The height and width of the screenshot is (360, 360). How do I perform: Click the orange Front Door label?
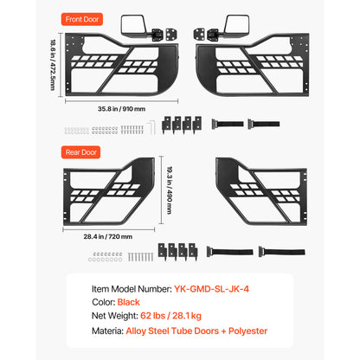click(82, 19)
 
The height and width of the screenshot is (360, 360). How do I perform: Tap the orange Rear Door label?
click(80, 152)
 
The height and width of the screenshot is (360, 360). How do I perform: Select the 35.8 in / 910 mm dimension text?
click(121, 109)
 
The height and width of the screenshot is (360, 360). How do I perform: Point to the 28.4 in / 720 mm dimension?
click(108, 236)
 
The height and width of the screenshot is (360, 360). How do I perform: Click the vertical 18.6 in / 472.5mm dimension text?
click(53, 65)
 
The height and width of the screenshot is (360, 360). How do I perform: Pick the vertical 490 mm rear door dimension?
click(170, 190)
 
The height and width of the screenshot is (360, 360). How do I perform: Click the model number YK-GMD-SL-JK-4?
click(211, 289)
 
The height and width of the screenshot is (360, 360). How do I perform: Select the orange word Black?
click(128, 302)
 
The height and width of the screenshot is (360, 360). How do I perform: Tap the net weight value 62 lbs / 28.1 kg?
click(170, 316)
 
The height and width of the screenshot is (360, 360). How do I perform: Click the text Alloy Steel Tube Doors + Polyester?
click(196, 331)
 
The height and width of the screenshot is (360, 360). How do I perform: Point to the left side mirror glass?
click(133, 24)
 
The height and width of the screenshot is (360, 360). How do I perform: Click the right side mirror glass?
click(236, 25)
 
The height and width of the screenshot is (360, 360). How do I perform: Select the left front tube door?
click(122, 65)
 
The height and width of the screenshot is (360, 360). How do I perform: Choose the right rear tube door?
click(261, 191)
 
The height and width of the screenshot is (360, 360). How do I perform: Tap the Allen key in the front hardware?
click(152, 127)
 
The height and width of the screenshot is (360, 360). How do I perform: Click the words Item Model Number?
click(132, 289)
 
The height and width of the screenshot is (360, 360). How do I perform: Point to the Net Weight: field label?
click(115, 316)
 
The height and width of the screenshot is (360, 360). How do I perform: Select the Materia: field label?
click(108, 331)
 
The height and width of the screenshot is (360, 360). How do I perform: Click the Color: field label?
click(104, 302)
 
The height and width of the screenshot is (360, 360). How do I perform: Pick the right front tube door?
click(253, 65)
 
